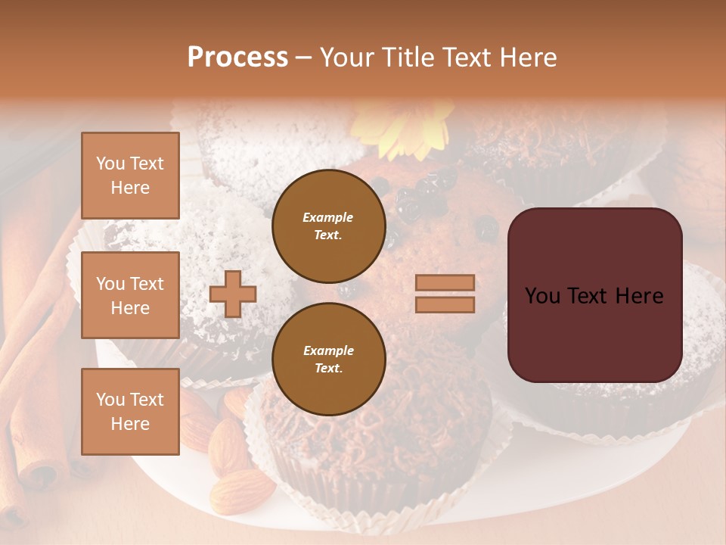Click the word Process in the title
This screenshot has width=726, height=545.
(237, 58)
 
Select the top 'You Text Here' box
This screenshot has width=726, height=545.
(130, 176)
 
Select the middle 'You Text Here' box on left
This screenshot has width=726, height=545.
(130, 295)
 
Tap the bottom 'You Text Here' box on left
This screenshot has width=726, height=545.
(130, 412)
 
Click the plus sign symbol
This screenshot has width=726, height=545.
(233, 294)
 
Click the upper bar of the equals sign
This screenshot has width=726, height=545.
(445, 282)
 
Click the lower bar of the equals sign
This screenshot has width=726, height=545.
(445, 305)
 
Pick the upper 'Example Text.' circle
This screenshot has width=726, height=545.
(328, 226)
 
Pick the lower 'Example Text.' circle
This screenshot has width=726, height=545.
(328, 359)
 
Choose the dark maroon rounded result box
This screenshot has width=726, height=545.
(594, 295)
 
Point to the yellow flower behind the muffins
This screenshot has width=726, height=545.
(408, 132)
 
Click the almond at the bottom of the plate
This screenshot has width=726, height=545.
(242, 490)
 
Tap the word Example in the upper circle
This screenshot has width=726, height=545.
(328, 217)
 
